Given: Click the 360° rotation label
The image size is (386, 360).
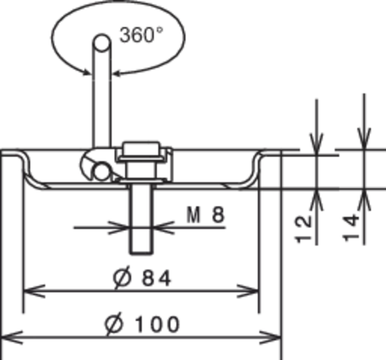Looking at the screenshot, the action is click(141, 35).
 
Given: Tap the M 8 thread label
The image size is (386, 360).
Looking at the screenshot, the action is click(206, 215).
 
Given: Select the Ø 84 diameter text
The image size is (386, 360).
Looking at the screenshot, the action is click(142, 277).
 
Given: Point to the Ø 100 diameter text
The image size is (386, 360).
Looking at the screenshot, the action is click(142, 324).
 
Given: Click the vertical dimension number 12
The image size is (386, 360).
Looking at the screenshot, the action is click(304, 230).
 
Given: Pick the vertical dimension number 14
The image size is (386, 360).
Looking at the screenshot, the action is click(351, 227).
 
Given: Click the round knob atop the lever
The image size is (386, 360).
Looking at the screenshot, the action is click(102, 43).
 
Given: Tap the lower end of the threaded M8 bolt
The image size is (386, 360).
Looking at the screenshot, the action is click(141, 253).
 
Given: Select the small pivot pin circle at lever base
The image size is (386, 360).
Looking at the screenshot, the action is click(102, 172).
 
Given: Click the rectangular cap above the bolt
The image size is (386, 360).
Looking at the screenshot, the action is click(141, 148).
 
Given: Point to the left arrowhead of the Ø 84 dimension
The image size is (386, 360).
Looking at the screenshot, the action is click(34, 291).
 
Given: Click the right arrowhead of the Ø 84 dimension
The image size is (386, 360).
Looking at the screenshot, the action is click(248, 291).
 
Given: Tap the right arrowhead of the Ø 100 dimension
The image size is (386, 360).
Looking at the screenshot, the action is click(270, 337).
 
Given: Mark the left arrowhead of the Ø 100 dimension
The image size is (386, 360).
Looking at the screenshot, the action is click(12, 337).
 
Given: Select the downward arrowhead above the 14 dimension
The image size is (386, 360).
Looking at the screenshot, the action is click(364, 138).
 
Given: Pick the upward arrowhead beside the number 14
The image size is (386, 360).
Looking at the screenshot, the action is click(364, 200).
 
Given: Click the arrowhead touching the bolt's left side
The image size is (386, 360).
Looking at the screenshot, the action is click(119, 227).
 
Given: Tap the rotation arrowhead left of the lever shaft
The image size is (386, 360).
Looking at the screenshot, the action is click(87, 72).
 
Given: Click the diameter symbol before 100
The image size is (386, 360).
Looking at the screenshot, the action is click(115, 325).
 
